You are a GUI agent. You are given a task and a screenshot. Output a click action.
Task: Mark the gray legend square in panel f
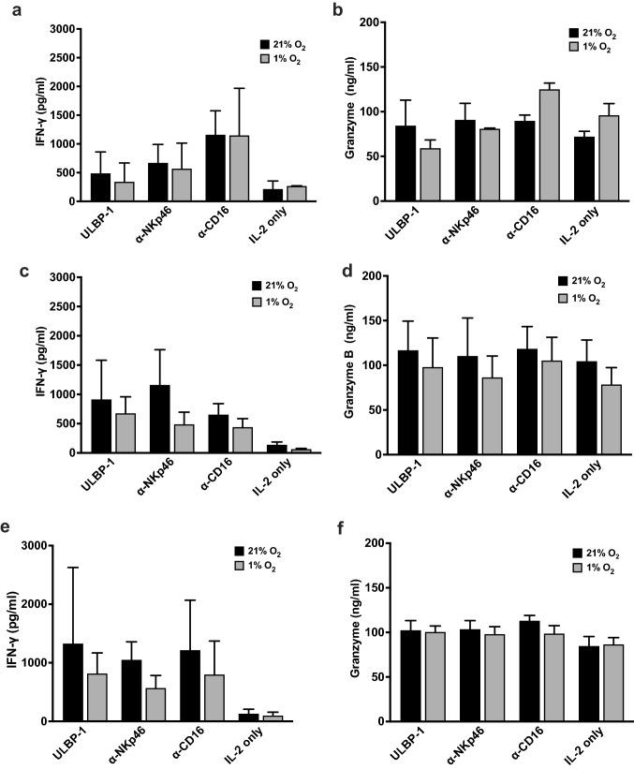(567, 569)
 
